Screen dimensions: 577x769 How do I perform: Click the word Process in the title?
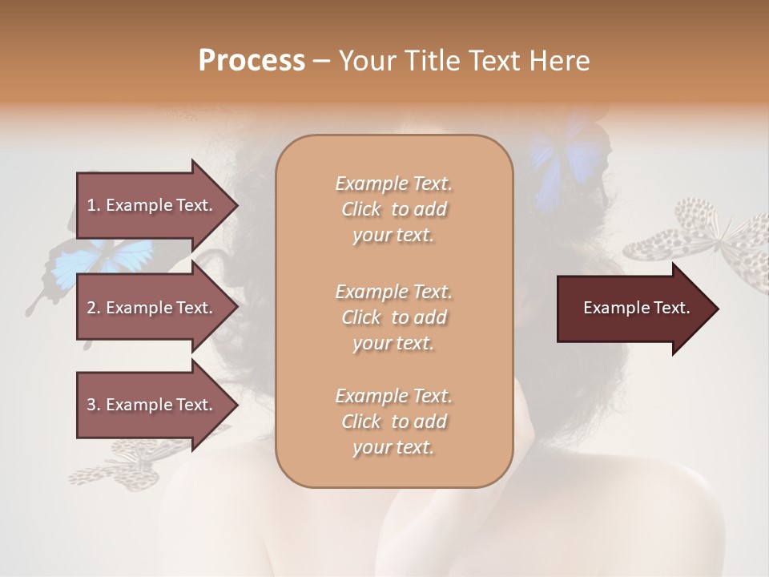click(x=252, y=61)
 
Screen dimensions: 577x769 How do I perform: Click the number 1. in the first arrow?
click(x=94, y=205)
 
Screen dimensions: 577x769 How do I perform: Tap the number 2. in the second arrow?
click(x=94, y=308)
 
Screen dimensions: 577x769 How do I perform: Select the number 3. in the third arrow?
click(x=94, y=405)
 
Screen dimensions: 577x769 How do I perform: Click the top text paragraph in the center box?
click(x=393, y=209)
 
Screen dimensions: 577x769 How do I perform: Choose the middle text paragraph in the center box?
click(x=393, y=317)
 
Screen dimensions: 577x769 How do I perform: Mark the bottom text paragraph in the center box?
click(x=393, y=422)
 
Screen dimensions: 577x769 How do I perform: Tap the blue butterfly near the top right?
click(x=565, y=156)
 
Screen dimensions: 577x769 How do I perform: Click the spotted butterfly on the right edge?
click(x=705, y=240)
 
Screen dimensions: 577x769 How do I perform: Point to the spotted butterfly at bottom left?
click(x=120, y=465)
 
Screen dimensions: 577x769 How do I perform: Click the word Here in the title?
click(x=561, y=61)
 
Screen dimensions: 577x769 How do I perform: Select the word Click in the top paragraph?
click(x=361, y=209)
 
